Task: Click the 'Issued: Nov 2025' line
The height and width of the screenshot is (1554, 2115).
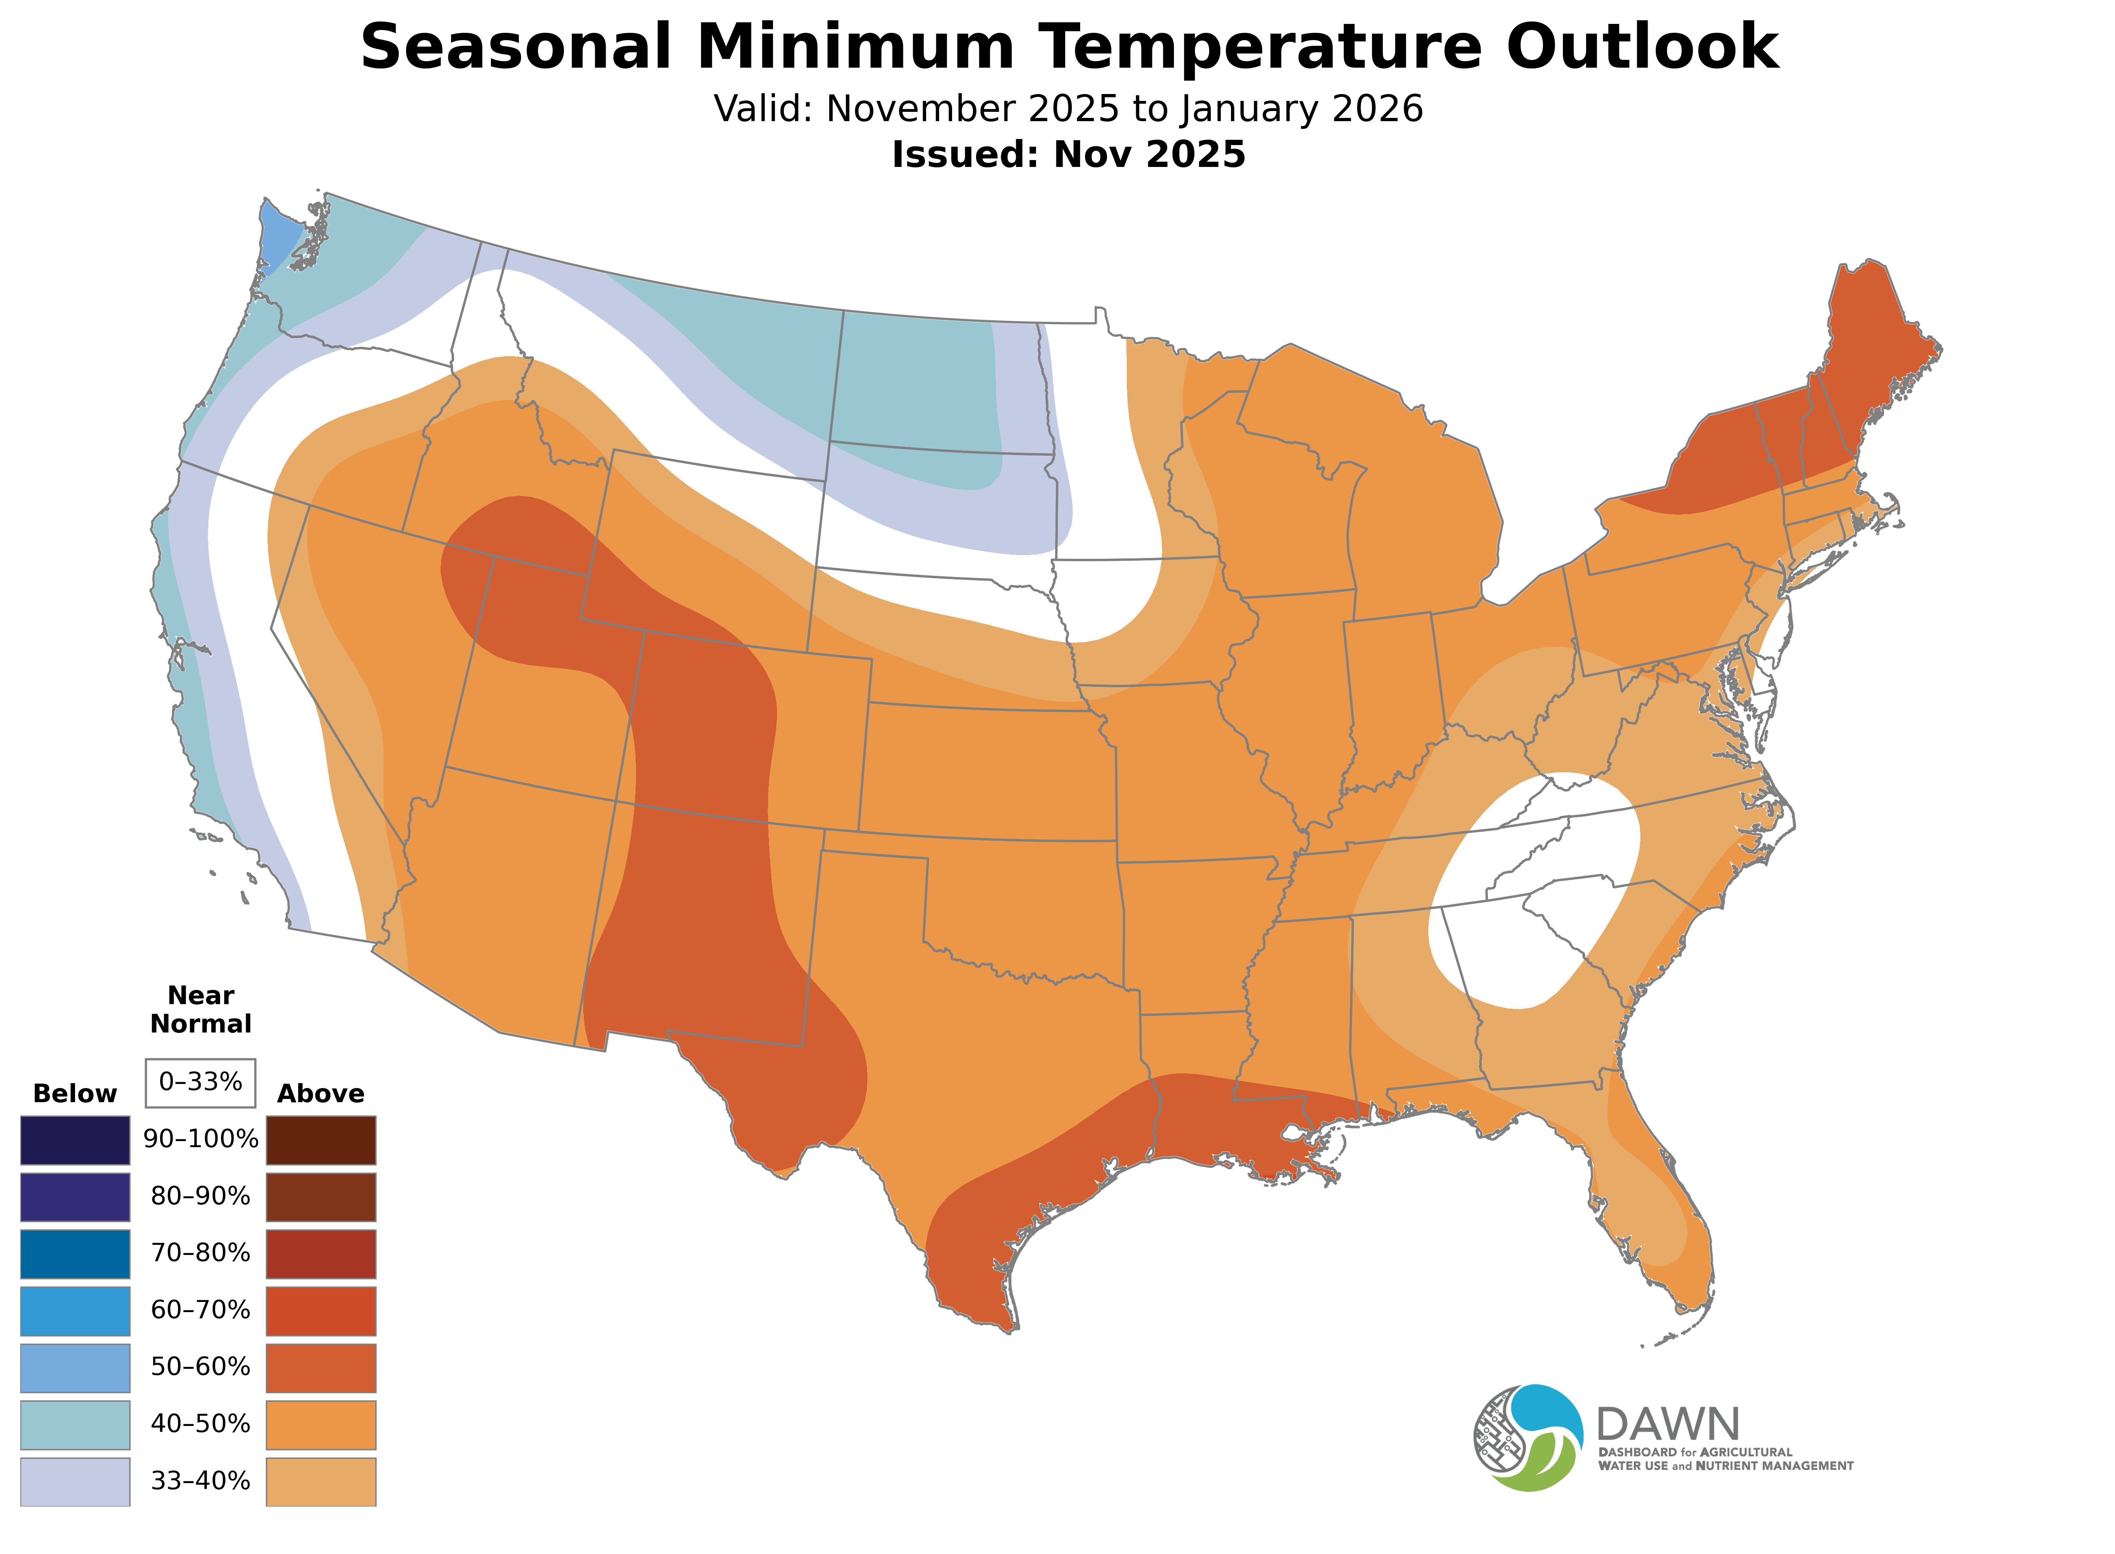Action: [1068, 154]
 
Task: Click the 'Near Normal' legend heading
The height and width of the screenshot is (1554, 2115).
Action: [200, 1009]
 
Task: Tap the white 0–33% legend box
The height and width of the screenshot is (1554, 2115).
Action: [200, 1082]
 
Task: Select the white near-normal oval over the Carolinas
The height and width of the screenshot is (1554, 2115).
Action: [1534, 889]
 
